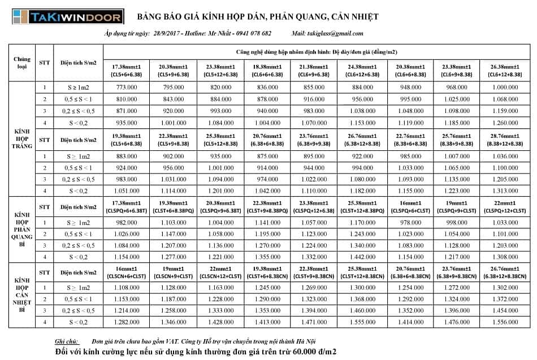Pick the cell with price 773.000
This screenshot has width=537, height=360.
point(127,88)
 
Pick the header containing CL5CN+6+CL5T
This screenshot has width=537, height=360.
point(127,273)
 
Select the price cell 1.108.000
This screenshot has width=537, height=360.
point(127,288)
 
